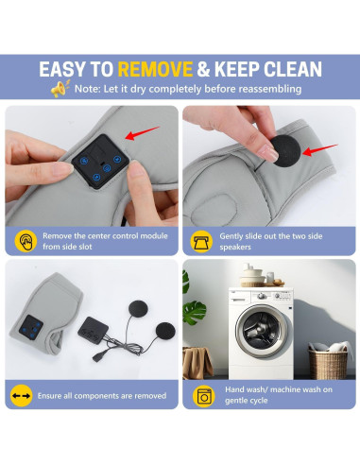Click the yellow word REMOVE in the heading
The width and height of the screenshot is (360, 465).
pos(155,69)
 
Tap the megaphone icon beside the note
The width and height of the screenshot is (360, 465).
pos(60,89)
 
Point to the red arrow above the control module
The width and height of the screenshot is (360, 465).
pos(143,133)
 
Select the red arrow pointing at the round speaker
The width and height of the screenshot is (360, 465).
pos(320,150)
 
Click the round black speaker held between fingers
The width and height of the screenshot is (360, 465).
pos(286,150)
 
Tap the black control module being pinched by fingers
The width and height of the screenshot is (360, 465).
pos(100,162)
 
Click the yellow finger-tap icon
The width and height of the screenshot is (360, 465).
pos(26,241)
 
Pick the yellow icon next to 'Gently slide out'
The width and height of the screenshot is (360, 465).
pos(201,241)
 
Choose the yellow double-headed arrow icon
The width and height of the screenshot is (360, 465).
pos(21,396)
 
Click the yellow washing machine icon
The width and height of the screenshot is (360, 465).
pos(204,396)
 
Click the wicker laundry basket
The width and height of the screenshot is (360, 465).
pos(328,363)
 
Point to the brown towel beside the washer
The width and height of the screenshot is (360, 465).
pos(197,362)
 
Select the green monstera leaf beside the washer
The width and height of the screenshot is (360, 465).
pos(195,312)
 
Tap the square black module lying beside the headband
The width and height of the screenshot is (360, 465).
pos(93,330)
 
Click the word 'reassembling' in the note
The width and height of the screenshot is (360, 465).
pos(269,89)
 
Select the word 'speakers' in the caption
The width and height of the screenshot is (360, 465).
pos(235,247)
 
